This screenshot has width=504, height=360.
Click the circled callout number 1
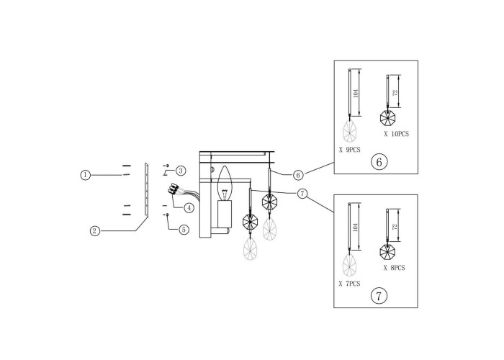coord(85,175)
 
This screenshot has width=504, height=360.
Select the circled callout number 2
coord(94,231)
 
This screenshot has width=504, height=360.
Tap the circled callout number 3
coord(181,171)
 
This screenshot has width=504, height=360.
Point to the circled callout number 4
coord(189,208)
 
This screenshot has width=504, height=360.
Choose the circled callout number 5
coord(184,230)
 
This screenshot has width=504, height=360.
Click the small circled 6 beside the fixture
coord(298,175)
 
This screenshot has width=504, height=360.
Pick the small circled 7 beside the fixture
coord(302,194)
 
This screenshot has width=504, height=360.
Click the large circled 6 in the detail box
coord(379,162)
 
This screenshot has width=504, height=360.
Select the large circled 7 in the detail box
coord(379,296)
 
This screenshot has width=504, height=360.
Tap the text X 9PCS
coord(350,150)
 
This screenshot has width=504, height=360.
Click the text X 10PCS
coord(396,134)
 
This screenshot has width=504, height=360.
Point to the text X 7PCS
coord(349,284)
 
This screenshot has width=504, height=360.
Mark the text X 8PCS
coord(394,268)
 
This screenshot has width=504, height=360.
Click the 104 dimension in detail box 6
coord(355,93)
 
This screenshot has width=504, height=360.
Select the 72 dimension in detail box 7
coord(395,227)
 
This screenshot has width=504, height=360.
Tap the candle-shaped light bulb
coord(225,183)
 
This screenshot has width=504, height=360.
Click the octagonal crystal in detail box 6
coord(387,117)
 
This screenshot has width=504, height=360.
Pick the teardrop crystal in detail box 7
coord(349,264)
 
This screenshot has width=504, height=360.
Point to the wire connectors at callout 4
coord(173,189)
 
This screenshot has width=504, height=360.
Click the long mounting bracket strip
coord(147,189)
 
